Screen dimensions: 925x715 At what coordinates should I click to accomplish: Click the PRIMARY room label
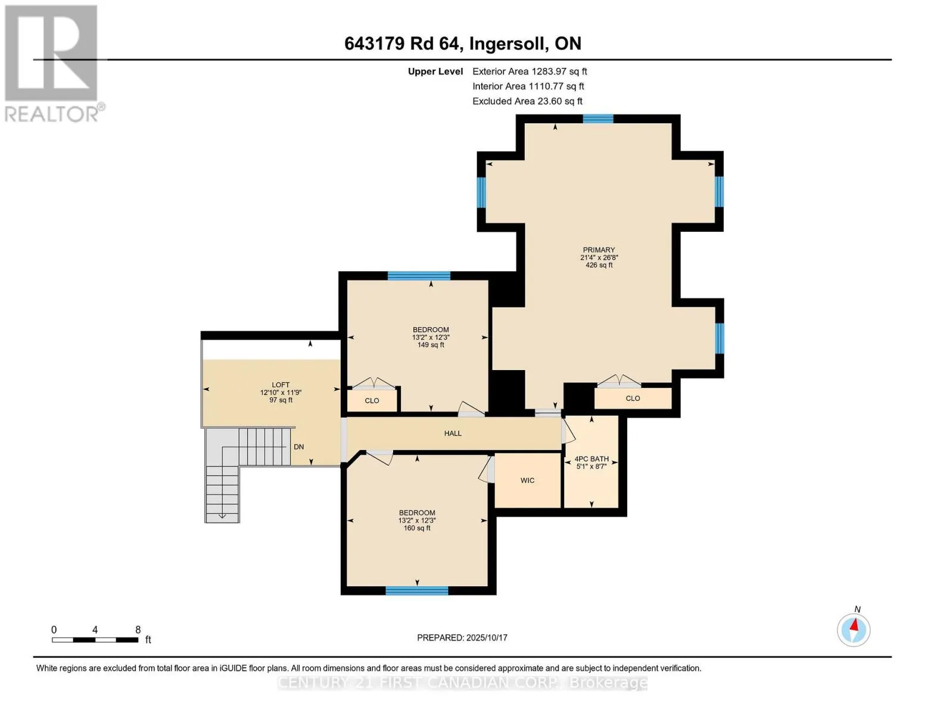[x=599, y=250]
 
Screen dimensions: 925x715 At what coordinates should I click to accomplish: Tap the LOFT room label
[x=281, y=385]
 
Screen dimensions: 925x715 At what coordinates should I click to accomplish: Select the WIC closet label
[x=527, y=480]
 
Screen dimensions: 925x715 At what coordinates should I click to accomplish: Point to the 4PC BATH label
[x=591, y=459]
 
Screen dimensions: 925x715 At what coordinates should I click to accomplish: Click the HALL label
[x=453, y=434]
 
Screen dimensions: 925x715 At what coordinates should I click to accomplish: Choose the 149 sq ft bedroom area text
[x=431, y=345]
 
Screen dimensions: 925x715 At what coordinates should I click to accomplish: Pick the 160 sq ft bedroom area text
[x=417, y=529]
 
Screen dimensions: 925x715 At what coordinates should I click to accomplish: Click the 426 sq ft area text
[x=599, y=265]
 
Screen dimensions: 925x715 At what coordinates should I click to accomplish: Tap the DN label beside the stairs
[x=299, y=447]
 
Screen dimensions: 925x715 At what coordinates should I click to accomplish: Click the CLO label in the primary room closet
[x=633, y=399]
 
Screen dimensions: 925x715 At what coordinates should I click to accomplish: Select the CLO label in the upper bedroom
[x=372, y=401]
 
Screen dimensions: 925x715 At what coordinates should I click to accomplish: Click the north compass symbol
[x=854, y=630]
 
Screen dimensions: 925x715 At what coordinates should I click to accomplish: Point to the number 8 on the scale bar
[x=138, y=630]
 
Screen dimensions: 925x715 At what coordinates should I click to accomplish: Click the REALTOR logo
[x=52, y=64]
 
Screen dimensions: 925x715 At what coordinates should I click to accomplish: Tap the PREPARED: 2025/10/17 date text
[x=462, y=638]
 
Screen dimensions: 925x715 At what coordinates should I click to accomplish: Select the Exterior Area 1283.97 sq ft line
[x=530, y=71]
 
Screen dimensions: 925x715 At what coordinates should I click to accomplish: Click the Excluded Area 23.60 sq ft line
[x=527, y=101]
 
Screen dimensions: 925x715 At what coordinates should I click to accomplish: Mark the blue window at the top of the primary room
[x=598, y=119]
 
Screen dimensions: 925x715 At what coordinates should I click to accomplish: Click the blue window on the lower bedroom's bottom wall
[x=417, y=590]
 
